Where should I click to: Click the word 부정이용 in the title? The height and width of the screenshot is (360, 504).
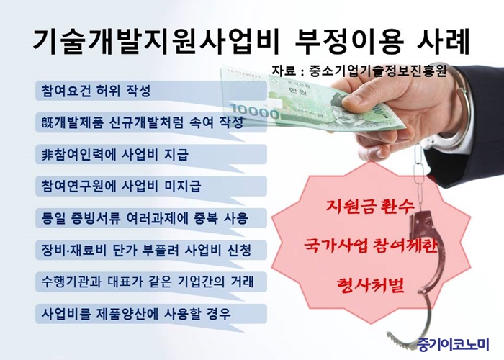click(348, 42)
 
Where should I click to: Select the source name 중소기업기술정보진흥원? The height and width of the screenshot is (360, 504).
click(378, 71)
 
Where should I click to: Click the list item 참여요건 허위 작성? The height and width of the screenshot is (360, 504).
click(96, 90)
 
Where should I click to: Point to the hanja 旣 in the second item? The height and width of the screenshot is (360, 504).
click(47, 122)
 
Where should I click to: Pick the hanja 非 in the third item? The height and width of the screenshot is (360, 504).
click(47, 155)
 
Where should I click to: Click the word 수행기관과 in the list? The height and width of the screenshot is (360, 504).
click(71, 282)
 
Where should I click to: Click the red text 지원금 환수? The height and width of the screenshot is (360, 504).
click(370, 207)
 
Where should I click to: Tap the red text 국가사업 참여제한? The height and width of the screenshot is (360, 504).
click(371, 246)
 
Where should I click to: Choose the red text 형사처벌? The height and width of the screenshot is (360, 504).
click(370, 285)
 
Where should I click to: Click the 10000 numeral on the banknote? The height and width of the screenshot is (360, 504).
click(254, 112)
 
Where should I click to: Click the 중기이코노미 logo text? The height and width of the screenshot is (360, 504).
click(454, 344)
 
